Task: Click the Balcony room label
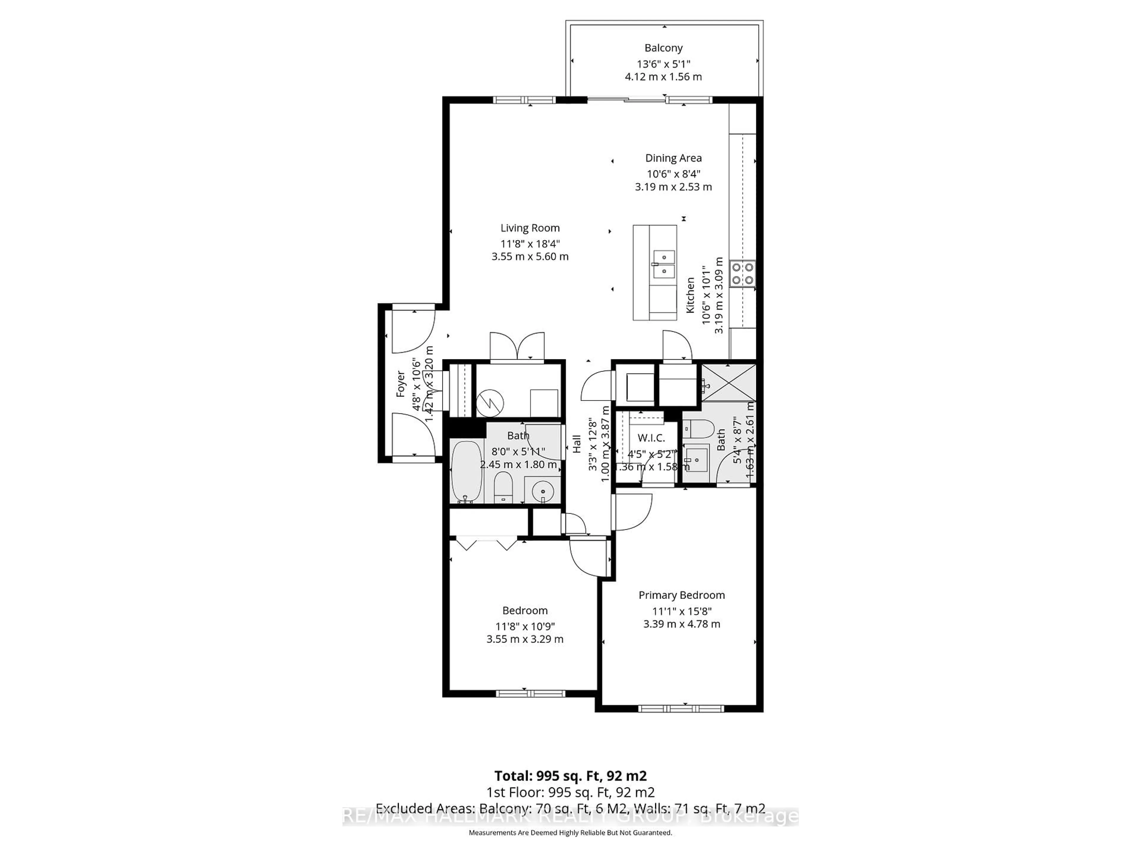coord(663,48)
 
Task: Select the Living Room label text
coord(530,228)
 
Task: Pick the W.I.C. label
coord(651,438)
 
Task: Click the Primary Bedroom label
coord(681,595)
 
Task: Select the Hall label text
coord(577,444)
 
